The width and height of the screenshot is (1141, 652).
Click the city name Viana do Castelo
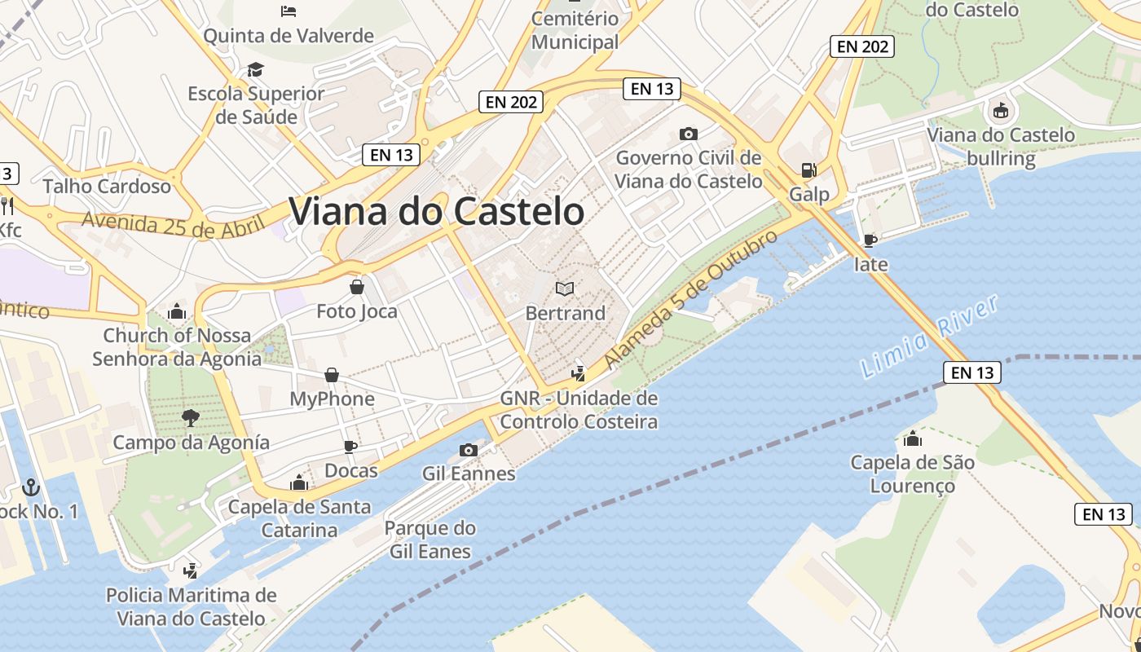(x=436, y=212)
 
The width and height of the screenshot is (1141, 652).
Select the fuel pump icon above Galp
(x=808, y=170)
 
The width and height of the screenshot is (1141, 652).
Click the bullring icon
(x=1000, y=110)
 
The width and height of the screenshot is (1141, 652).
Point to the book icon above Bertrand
(x=565, y=289)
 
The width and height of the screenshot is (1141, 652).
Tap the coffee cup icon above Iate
(x=870, y=240)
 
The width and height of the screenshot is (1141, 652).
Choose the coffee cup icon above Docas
(x=350, y=447)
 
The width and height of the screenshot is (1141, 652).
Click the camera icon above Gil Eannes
(x=468, y=450)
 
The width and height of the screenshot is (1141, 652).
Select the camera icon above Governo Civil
(x=689, y=134)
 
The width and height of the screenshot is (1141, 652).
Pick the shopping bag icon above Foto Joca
(x=356, y=287)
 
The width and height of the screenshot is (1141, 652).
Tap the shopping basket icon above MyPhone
(x=332, y=375)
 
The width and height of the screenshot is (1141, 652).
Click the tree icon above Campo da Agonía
(x=191, y=418)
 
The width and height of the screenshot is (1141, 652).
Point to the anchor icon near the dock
(x=30, y=487)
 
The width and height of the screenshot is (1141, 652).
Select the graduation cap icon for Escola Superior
(x=256, y=69)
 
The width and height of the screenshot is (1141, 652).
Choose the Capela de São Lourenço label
(x=912, y=474)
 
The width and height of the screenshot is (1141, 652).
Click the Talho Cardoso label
(x=107, y=186)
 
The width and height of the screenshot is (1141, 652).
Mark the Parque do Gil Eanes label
(x=430, y=540)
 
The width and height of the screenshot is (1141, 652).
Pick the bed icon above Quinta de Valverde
(x=288, y=11)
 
